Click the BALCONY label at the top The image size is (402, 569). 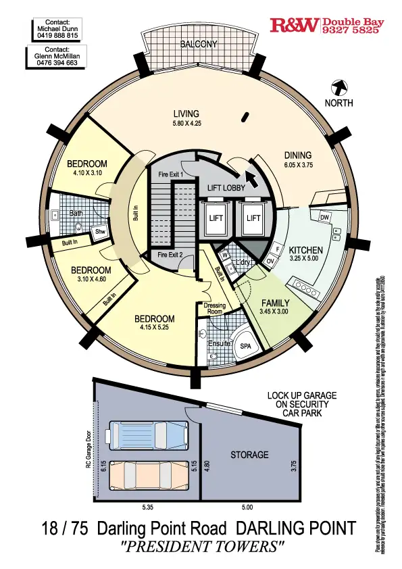(199, 45)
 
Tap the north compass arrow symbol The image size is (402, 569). (339, 87)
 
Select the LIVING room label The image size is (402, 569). (186, 114)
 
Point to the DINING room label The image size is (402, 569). (298, 155)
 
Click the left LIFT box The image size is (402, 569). (216, 218)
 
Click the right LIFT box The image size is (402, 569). (253, 218)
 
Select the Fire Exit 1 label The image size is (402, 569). (171, 175)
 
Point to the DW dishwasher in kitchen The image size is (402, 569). (324, 217)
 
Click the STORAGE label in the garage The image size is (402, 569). (249, 455)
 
